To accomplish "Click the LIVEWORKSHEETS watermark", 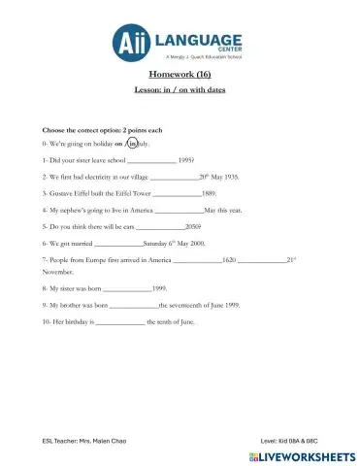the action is pyautogui.click(x=296, y=454).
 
